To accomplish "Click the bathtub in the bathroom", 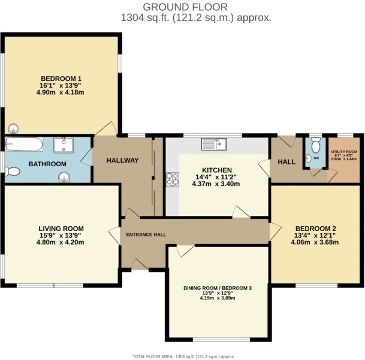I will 24,145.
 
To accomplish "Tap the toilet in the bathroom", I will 13,171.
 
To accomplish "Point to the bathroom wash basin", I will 64,176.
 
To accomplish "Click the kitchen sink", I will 213,143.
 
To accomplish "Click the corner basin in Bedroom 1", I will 13,128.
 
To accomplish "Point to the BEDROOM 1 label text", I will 61,79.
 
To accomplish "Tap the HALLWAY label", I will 123,160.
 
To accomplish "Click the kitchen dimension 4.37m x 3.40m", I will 216,184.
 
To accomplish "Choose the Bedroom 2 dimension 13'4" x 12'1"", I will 315,235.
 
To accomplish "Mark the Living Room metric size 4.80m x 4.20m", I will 61,242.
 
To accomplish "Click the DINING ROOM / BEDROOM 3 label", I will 218,288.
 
